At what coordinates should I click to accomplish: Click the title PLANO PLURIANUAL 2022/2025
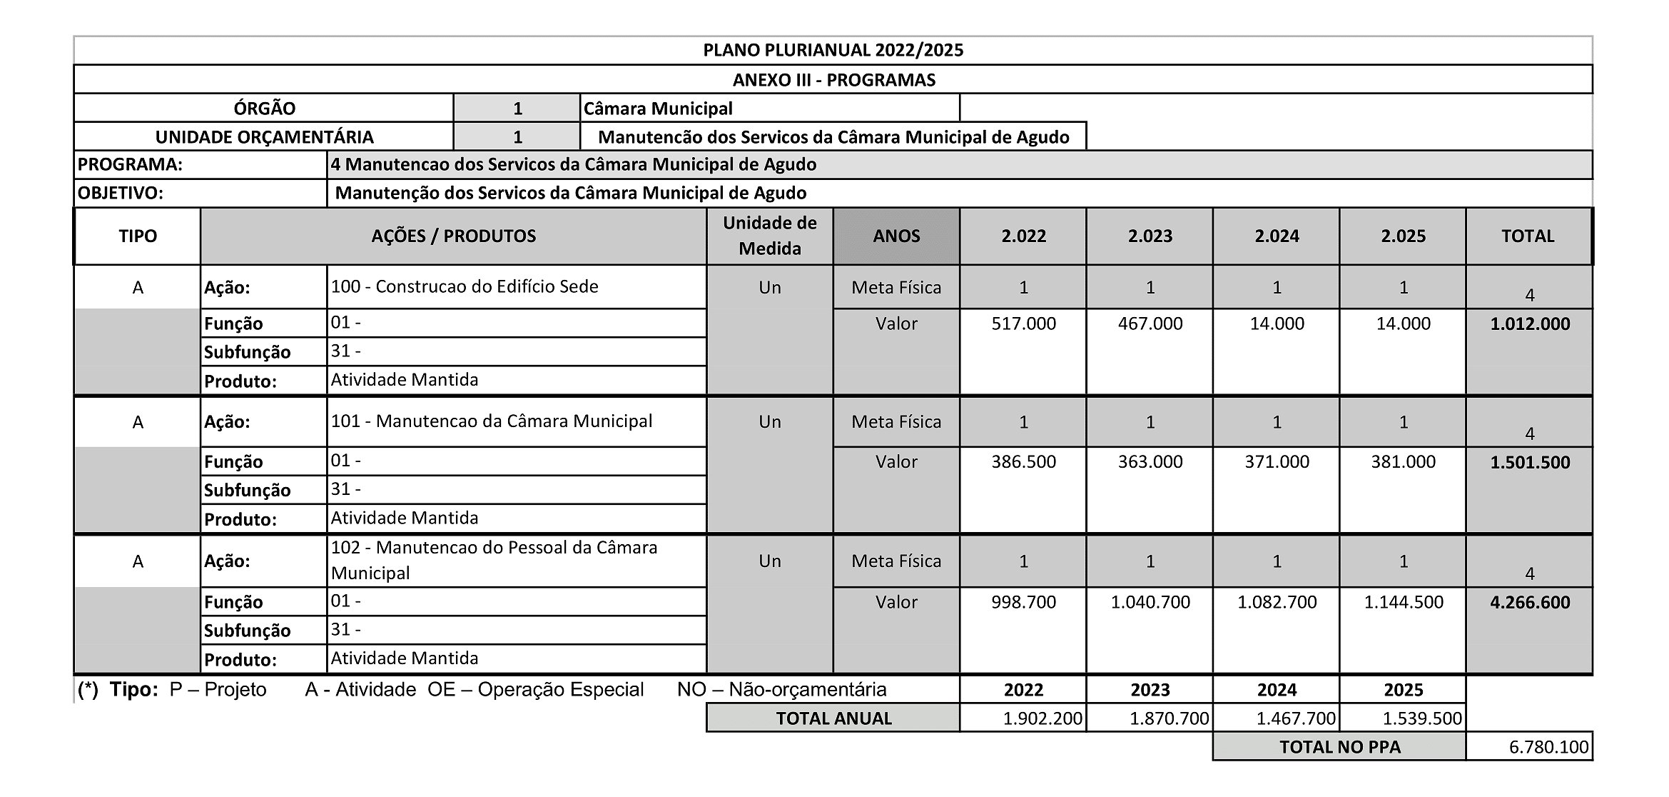833,50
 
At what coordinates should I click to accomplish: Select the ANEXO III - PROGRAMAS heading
833,80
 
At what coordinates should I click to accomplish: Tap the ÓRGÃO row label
264,109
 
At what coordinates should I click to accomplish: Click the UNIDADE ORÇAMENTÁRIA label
264,137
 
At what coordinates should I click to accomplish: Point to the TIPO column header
138,236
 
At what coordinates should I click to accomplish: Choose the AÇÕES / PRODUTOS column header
453,236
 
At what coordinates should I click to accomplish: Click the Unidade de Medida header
769,236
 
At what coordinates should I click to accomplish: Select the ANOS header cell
896,236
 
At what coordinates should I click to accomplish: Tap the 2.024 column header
1277,236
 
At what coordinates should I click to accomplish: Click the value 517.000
1023,324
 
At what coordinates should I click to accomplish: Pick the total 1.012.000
1530,324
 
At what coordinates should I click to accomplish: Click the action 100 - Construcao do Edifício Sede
465,286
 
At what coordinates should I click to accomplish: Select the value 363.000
1150,462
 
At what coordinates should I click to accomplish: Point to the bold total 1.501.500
1530,463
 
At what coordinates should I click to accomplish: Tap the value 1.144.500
1403,602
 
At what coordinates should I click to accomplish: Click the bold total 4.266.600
1530,603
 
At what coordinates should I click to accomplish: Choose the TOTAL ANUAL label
833,718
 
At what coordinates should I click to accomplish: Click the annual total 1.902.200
1042,718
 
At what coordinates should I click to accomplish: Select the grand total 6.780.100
1548,747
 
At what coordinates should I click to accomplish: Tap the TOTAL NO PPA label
1339,747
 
